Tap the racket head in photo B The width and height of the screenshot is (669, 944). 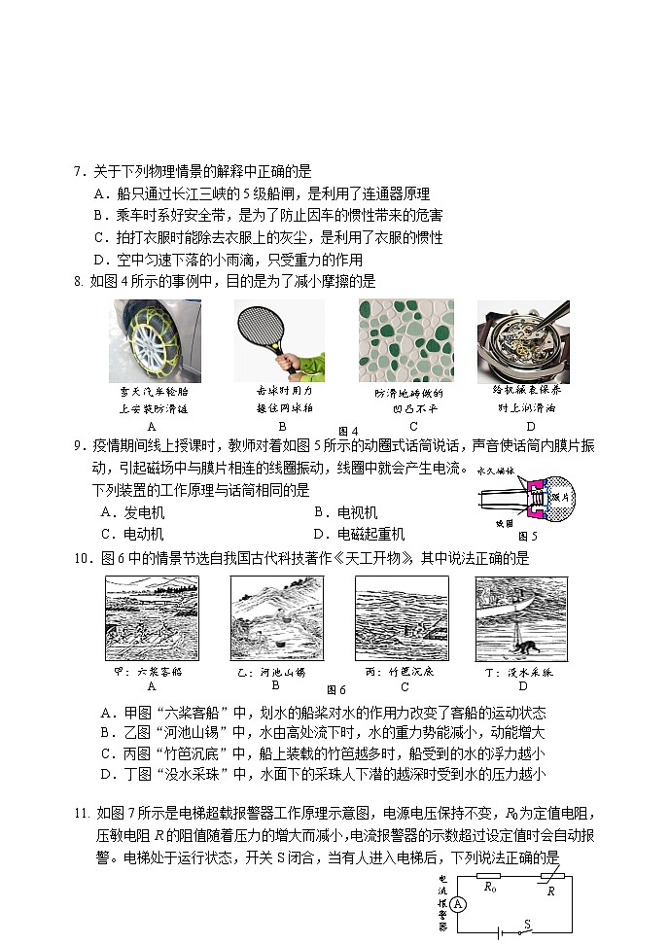263,330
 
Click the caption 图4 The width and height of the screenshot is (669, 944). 347,431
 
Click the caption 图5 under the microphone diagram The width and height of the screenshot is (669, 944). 528,535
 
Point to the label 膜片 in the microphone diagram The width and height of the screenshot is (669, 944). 558,497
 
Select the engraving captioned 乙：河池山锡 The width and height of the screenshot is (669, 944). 277,617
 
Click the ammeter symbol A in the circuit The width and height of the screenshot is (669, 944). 459,904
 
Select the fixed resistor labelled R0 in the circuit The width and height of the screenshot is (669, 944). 489,876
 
